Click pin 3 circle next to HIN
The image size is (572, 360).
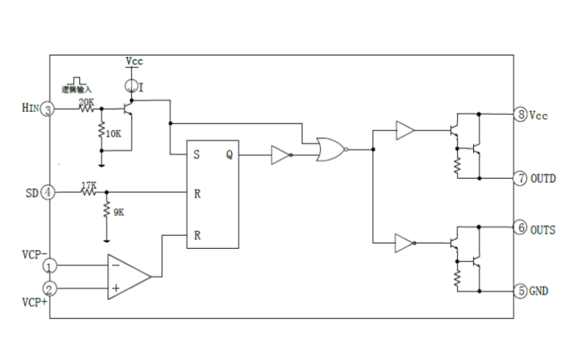[x=48, y=110]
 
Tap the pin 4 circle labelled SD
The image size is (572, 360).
[x=47, y=192]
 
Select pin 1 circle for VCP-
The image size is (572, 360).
[x=48, y=266]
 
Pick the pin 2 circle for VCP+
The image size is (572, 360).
[x=48, y=288]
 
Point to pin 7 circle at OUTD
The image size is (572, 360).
[x=521, y=178]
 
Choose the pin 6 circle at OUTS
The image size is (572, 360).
[x=521, y=228]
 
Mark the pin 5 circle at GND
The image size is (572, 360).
[x=521, y=290]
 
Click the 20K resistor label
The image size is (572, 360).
[x=86, y=101]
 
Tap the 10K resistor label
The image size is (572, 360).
[x=113, y=134]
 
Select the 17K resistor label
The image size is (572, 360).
[x=88, y=184]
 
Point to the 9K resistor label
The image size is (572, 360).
[x=119, y=213]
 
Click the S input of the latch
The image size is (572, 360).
[x=197, y=155]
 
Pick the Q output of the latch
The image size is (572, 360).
[x=228, y=155]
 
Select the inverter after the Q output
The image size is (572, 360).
[x=280, y=155]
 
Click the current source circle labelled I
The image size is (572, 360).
[x=132, y=85]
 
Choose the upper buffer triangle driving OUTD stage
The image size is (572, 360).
[x=404, y=131]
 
